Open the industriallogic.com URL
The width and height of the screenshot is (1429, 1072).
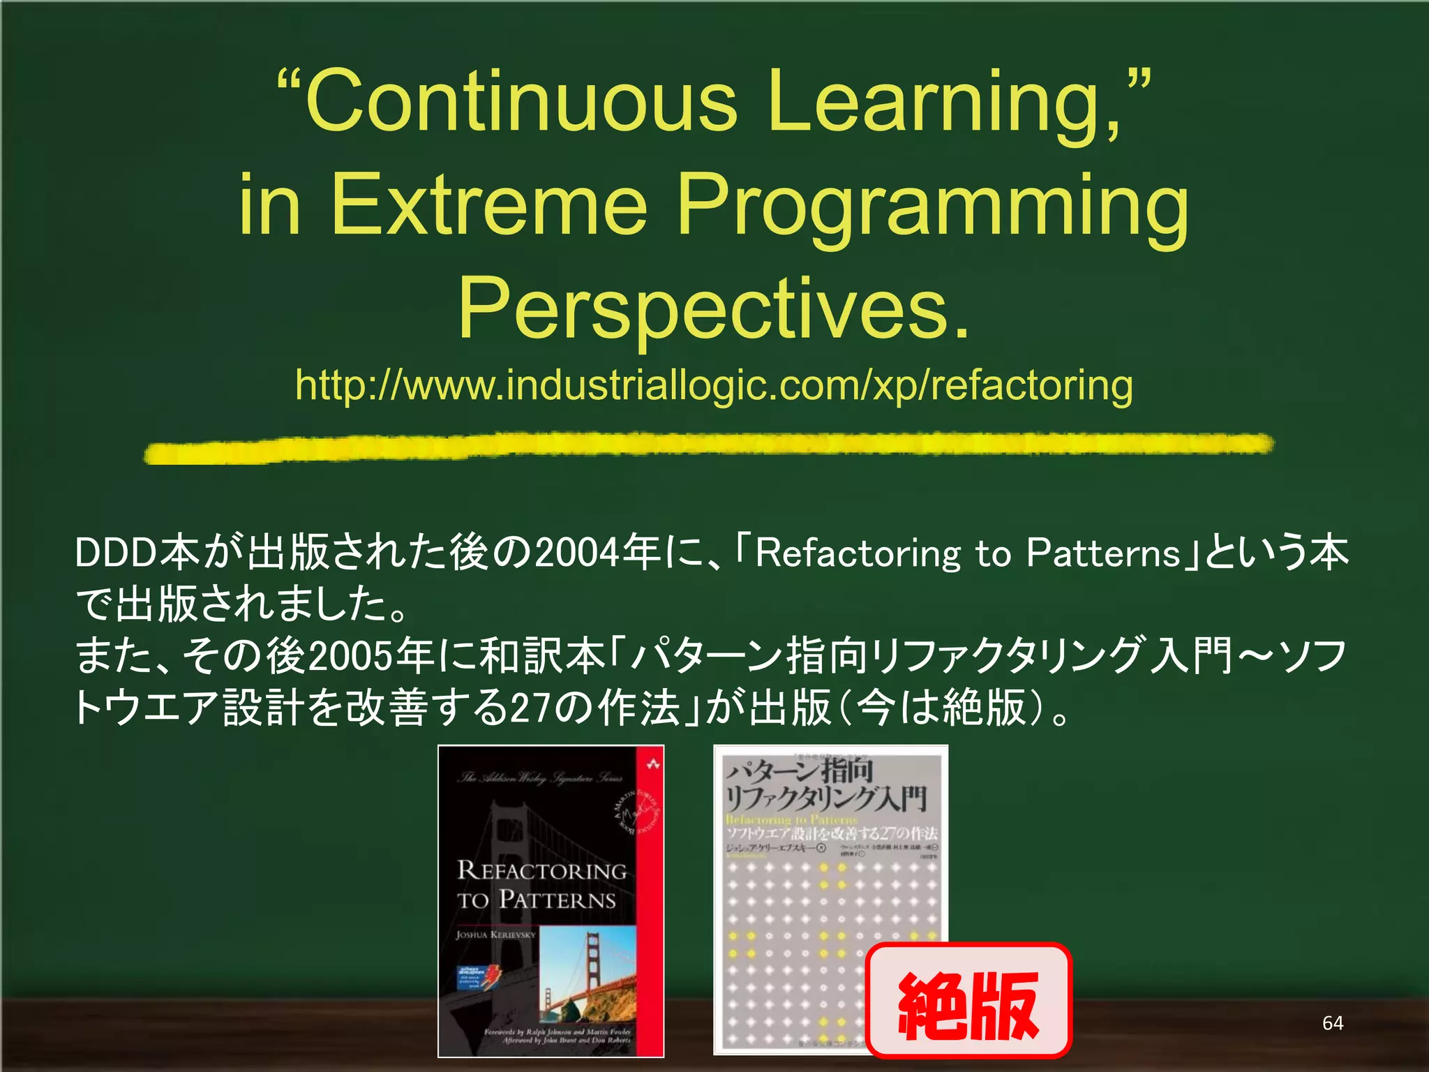pyautogui.click(x=713, y=385)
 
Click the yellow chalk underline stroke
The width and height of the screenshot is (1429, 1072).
pyautogui.click(x=708, y=447)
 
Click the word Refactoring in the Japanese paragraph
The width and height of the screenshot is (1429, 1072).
pyautogui.click(x=858, y=554)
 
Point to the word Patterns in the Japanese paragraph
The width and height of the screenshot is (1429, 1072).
pyautogui.click(x=1102, y=553)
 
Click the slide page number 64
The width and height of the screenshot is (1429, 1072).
pyautogui.click(x=1332, y=1023)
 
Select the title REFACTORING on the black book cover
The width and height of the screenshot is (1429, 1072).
pyautogui.click(x=541, y=871)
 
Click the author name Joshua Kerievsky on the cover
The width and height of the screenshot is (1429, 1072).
pyautogui.click(x=495, y=935)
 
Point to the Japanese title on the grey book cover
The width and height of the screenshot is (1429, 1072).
pyautogui.click(x=827, y=786)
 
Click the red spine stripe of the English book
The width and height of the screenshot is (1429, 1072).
pyautogui.click(x=650, y=907)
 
